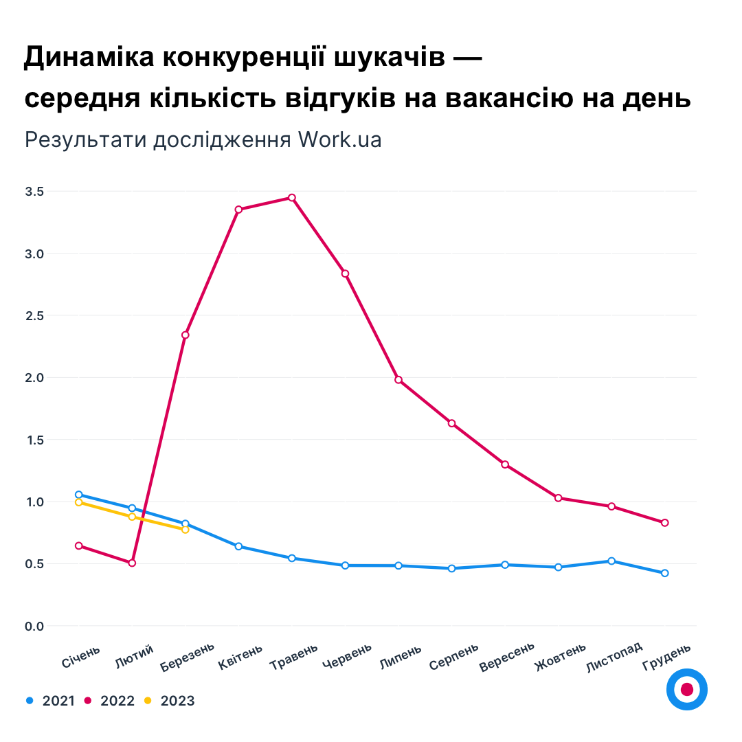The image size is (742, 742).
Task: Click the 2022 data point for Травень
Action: point(292,198)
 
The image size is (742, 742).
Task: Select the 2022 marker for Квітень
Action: point(238,210)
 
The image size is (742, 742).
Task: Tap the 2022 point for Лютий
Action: point(132,563)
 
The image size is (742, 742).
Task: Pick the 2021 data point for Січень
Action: point(79,495)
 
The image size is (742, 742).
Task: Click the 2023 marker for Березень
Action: point(185,530)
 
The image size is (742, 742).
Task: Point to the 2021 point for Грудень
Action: point(664,573)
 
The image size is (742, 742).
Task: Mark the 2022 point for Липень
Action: point(398,380)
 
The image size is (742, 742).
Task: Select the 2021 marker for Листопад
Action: point(611,561)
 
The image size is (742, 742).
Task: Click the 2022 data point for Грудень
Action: point(664,523)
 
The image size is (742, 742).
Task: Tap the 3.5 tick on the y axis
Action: point(34,192)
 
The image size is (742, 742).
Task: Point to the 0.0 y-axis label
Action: point(34,626)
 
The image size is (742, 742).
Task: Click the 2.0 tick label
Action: point(34,378)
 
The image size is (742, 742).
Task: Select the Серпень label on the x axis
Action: point(453,657)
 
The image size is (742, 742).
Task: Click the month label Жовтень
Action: point(560,657)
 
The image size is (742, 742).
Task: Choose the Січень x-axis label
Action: point(81,657)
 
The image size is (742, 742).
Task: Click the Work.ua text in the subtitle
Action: point(339,139)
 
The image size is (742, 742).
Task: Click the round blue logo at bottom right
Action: point(686,689)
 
